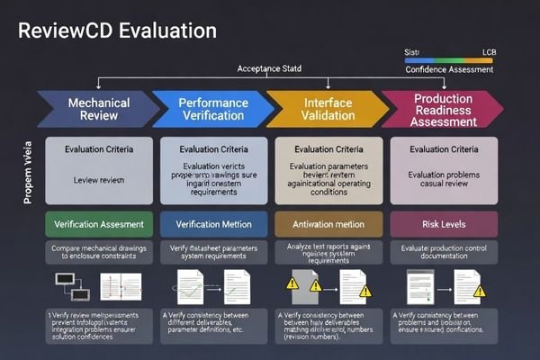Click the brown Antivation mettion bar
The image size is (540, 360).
tap(328, 223)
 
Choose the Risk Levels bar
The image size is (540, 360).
tap(442, 223)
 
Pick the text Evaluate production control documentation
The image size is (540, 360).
tap(442, 253)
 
